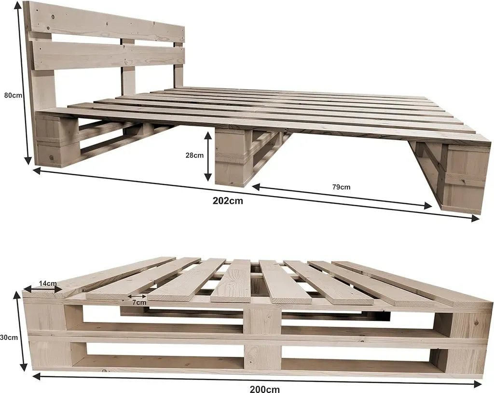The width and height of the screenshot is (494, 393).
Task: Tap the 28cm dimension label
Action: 194,155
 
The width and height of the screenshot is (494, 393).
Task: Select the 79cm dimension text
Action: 341,187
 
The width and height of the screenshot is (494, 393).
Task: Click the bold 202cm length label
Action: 228,201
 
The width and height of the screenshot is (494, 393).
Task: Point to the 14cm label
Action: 48,283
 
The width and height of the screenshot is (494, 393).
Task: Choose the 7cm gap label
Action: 139,303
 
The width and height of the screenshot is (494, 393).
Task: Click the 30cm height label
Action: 9,337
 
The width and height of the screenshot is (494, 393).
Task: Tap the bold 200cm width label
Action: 265,389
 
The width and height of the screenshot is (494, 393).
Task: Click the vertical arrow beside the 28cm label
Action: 208,156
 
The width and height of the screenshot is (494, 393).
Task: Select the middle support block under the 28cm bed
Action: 231,157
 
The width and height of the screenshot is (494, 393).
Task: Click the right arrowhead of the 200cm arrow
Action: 478,383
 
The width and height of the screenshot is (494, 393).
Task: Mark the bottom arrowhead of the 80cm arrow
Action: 29,160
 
